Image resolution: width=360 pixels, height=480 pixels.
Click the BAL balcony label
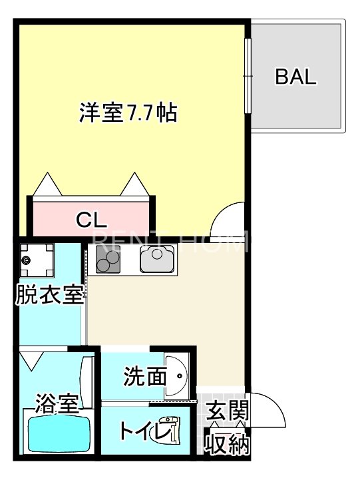click(x=297, y=77)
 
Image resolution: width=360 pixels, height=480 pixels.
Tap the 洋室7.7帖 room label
click(x=128, y=113)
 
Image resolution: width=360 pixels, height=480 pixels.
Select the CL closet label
click(x=92, y=218)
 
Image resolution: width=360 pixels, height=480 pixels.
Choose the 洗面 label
click(x=144, y=377)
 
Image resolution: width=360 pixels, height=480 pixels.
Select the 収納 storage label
click(x=227, y=443)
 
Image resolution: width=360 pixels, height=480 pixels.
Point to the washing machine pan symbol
click(x=36, y=260)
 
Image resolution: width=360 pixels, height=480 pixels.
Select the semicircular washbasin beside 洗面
click(x=178, y=375)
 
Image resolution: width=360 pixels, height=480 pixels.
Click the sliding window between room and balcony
click(x=249, y=77)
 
